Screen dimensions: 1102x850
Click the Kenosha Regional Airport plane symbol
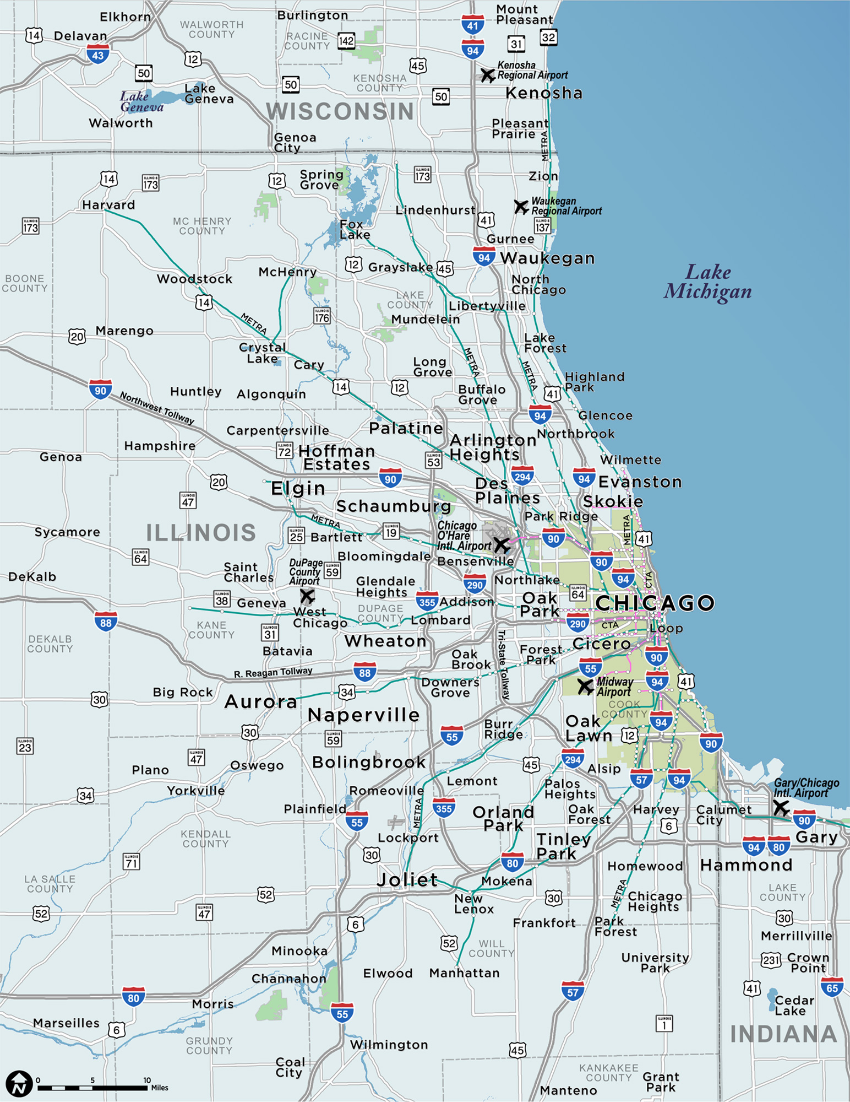(x=488, y=75)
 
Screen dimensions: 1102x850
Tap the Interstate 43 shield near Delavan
(x=98, y=55)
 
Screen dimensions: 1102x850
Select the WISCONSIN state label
(x=340, y=111)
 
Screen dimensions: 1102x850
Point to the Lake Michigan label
(x=707, y=282)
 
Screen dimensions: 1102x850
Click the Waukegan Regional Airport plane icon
(x=521, y=207)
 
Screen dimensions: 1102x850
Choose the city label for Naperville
(x=363, y=715)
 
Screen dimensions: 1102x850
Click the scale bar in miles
(x=92, y=1088)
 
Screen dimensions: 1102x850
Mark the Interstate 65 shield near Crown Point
(x=832, y=987)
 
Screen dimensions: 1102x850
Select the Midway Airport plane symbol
(x=585, y=687)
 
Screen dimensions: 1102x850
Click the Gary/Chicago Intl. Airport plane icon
(x=781, y=808)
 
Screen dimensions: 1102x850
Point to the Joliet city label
(x=407, y=879)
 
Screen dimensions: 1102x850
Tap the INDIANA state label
(x=783, y=1034)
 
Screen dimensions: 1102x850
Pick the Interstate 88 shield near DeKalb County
(x=106, y=622)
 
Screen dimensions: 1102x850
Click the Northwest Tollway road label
(x=157, y=408)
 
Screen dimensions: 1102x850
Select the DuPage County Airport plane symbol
(x=307, y=596)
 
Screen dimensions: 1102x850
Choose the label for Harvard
(x=108, y=205)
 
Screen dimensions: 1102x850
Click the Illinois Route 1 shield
(x=664, y=1024)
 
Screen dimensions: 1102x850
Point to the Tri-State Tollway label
(x=504, y=665)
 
